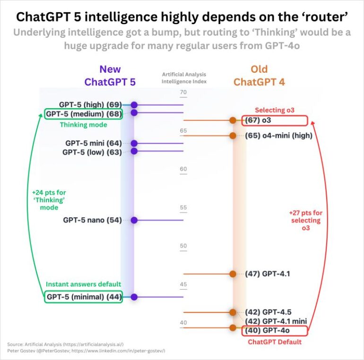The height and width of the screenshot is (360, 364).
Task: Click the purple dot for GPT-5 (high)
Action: click(134, 105)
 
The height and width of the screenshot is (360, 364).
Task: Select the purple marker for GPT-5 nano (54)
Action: click(134, 220)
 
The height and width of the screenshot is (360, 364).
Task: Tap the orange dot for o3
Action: click(233, 120)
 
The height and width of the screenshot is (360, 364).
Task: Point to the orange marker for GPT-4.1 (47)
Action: click(233, 274)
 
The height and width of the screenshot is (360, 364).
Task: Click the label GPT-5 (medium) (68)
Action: click(84, 113)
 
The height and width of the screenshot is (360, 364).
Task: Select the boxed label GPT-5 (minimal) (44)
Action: click(84, 297)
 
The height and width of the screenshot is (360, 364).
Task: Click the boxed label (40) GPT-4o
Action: click(275, 331)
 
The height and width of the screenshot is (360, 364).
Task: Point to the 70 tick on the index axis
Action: click(183, 92)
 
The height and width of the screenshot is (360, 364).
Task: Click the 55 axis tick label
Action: click(183, 208)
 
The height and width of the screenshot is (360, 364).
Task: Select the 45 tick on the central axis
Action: click(183, 285)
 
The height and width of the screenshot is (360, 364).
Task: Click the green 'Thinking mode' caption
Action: click(83, 125)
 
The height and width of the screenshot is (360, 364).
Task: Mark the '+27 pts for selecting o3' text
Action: click(305, 221)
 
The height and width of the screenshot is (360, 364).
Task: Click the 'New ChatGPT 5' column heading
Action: click(110, 76)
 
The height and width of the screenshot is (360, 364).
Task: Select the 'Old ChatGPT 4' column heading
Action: click(259, 76)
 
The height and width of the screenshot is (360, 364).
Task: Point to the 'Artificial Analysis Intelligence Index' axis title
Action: click(184, 77)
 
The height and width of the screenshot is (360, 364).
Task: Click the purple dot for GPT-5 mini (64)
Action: click(134, 143)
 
